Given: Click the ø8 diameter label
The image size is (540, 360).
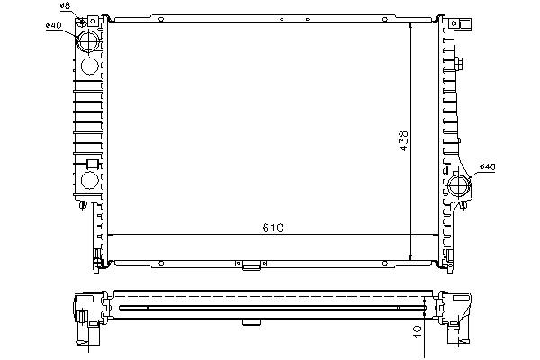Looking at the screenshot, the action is pos(65,5).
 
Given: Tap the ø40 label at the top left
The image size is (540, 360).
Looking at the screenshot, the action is pos(53,25).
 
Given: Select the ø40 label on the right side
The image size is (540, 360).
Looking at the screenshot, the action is pos(487,167).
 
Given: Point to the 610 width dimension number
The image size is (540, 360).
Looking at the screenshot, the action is pos(273,228).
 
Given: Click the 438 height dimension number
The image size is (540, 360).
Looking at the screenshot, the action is pos(403,140).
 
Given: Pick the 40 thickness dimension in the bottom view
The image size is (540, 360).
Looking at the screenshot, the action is pos(418,332).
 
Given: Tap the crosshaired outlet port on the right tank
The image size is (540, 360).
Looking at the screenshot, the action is pos(459,186).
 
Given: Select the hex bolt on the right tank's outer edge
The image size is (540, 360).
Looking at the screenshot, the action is pos(459,63).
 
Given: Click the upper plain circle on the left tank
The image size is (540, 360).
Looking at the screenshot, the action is pos(89,66).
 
